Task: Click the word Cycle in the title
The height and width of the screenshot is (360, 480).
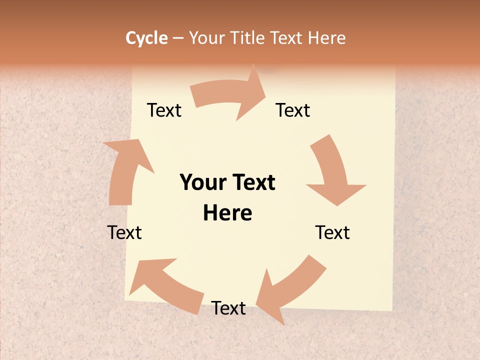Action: point(146,38)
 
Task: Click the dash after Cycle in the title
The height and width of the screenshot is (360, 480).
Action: point(178,38)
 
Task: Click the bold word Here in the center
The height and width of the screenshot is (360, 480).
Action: point(227,213)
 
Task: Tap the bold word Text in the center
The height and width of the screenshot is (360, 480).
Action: point(253,182)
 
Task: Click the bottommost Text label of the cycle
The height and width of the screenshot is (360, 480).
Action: point(228,308)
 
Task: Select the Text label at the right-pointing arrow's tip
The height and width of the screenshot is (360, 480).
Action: point(293,110)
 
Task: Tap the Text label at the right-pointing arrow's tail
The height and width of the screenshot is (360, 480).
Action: point(164,110)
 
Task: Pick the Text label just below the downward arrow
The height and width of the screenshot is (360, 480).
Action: point(332,232)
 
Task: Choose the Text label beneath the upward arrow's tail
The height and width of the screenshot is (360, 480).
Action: point(124,232)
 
